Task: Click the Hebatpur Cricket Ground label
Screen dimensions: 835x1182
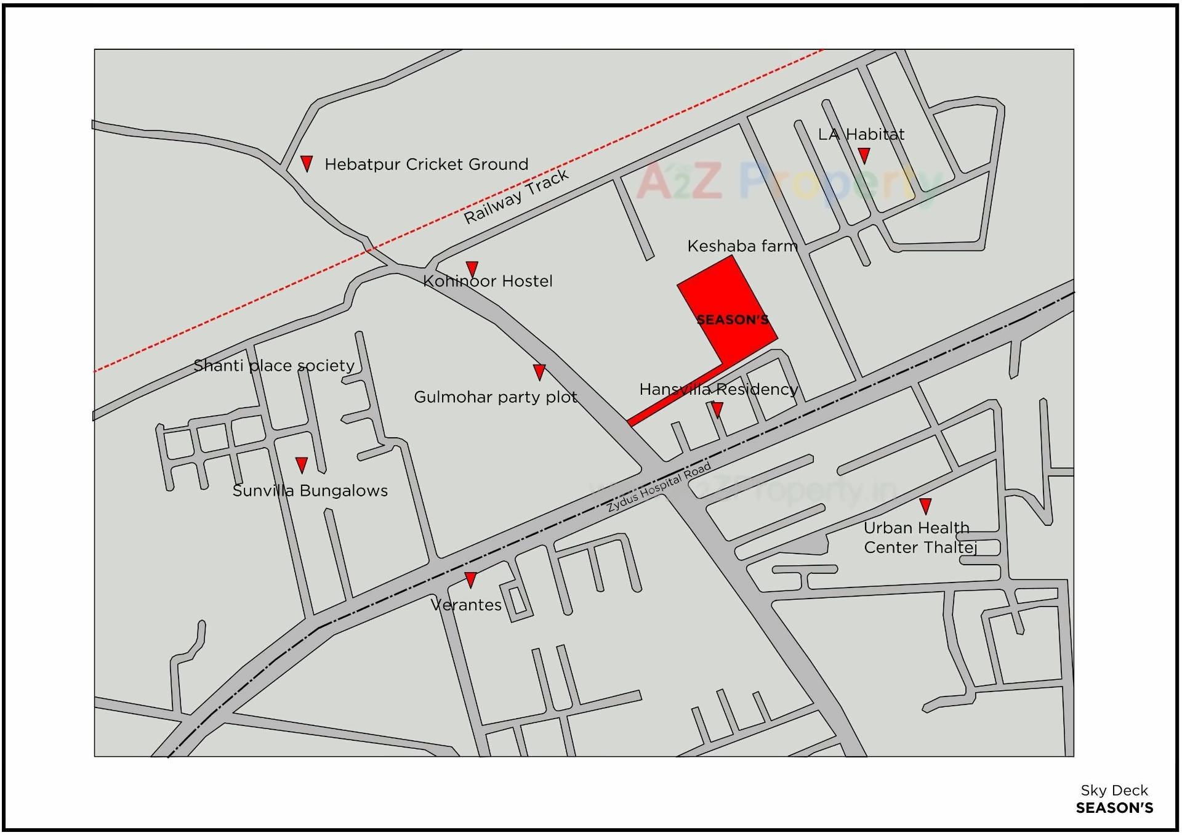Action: pos(426,164)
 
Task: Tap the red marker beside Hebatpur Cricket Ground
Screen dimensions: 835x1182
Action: pos(306,163)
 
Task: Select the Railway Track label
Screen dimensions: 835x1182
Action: pos(516,196)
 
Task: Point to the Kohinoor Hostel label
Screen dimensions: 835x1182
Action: pos(488,281)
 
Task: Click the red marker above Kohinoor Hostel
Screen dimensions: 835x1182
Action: pos(472,268)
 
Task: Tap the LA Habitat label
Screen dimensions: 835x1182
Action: pos(861,134)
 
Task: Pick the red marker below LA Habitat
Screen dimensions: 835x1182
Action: pos(864,155)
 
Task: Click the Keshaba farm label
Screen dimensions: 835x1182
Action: pos(742,246)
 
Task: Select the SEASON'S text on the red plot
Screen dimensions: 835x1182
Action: pos(732,320)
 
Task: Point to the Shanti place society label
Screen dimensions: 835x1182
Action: pos(274,366)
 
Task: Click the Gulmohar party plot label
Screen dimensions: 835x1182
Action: pos(496,397)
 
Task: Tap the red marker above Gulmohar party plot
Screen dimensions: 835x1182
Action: pos(539,371)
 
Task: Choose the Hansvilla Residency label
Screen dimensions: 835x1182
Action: pos(718,389)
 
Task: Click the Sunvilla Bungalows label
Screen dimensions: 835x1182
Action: pos(310,491)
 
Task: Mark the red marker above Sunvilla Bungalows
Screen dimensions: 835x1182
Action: pos(301,464)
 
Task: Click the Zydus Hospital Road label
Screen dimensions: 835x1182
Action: pos(659,487)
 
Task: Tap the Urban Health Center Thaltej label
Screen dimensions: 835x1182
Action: pos(920,538)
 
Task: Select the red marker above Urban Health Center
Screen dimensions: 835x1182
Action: pos(925,506)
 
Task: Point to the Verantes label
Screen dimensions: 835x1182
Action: pos(466,605)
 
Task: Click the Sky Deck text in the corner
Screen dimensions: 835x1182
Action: pos(1114,791)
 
